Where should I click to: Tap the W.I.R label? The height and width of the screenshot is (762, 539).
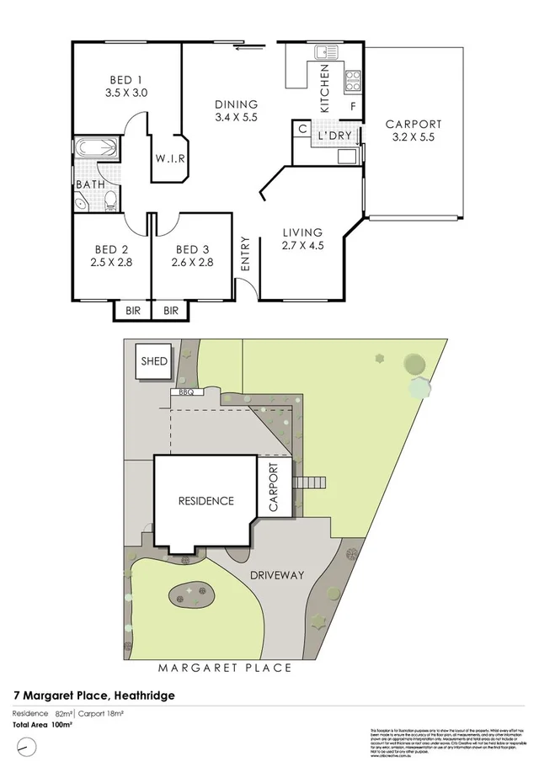point(169,159)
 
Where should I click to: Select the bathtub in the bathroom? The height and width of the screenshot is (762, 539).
point(95,150)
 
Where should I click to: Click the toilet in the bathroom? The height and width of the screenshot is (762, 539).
point(110,200)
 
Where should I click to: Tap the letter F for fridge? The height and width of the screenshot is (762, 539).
point(354,107)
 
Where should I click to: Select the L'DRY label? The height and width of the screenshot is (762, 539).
point(334,136)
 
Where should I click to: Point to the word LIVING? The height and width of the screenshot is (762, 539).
point(302,232)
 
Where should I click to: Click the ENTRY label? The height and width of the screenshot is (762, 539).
point(246,253)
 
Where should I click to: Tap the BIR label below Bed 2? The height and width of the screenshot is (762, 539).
point(133,311)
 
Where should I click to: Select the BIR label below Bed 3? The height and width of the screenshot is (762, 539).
point(171,311)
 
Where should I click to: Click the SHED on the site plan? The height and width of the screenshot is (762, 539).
point(154,362)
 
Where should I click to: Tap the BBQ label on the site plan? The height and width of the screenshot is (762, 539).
point(186,392)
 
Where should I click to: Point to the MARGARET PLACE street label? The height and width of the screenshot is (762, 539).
point(224,668)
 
